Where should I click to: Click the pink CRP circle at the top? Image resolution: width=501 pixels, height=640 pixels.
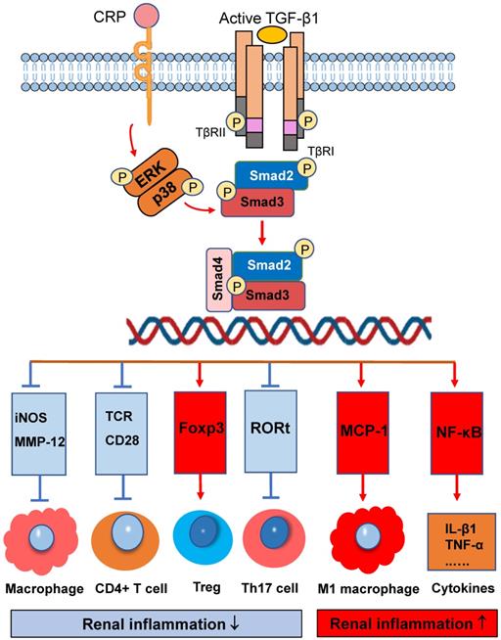pyautogui.click(x=146, y=17)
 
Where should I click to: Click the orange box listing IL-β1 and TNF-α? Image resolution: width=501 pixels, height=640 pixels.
pyautogui.click(x=457, y=535)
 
